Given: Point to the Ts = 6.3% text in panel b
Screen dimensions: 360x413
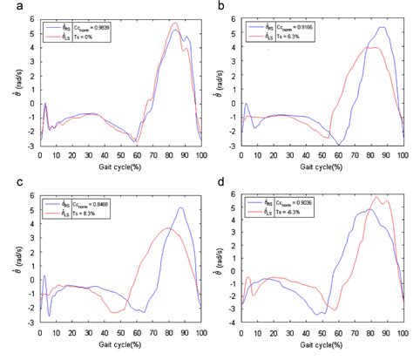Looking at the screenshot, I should click(x=296, y=37).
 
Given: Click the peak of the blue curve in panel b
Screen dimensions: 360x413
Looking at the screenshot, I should click(x=383, y=27).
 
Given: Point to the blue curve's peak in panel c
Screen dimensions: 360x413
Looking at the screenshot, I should click(x=180, y=207).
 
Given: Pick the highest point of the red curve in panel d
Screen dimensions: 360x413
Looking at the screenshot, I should click(x=376, y=197).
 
